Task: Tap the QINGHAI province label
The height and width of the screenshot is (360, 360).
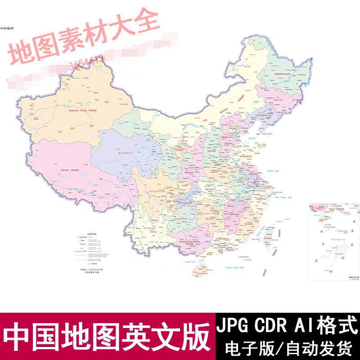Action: (x=112, y=153)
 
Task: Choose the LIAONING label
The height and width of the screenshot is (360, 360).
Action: (x=262, y=116)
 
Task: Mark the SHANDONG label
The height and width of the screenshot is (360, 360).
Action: (x=246, y=155)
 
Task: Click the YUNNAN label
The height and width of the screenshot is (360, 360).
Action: (x=150, y=228)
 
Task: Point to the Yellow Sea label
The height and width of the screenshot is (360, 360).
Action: (x=273, y=171)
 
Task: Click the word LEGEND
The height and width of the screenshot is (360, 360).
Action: (x=92, y=234)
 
